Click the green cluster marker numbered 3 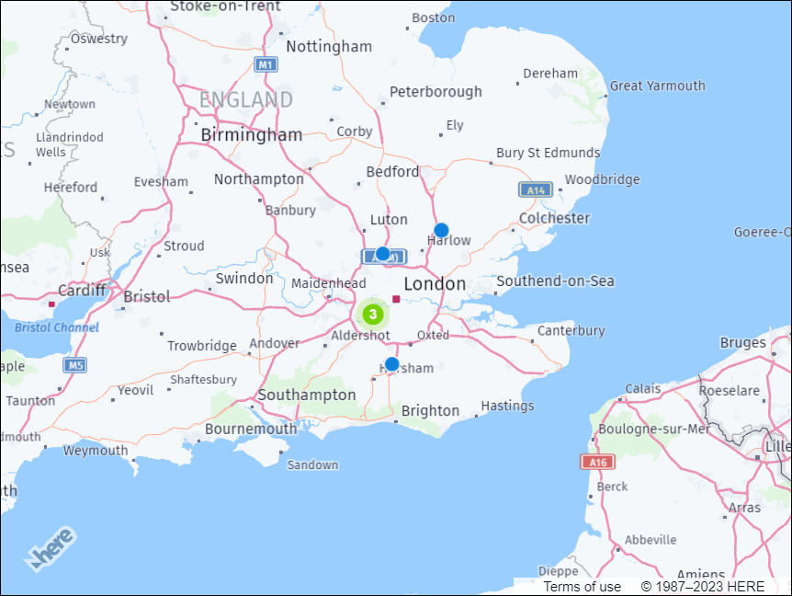[x=372, y=314]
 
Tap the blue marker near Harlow [x=441, y=230]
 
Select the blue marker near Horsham [x=391, y=364]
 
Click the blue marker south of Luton [x=382, y=253]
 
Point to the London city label [x=435, y=283]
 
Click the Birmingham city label [x=252, y=135]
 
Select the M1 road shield [x=266, y=64]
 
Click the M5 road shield [x=75, y=365]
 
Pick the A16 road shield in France [x=596, y=462]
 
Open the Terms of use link [x=583, y=587]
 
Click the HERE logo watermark [x=51, y=549]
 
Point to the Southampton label [x=307, y=395]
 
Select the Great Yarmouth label [x=658, y=86]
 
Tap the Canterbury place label [x=571, y=330]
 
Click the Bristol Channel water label [x=56, y=327]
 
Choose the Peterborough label [x=436, y=92]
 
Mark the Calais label [x=643, y=388]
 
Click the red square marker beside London [x=396, y=298]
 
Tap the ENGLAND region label [x=246, y=99]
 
